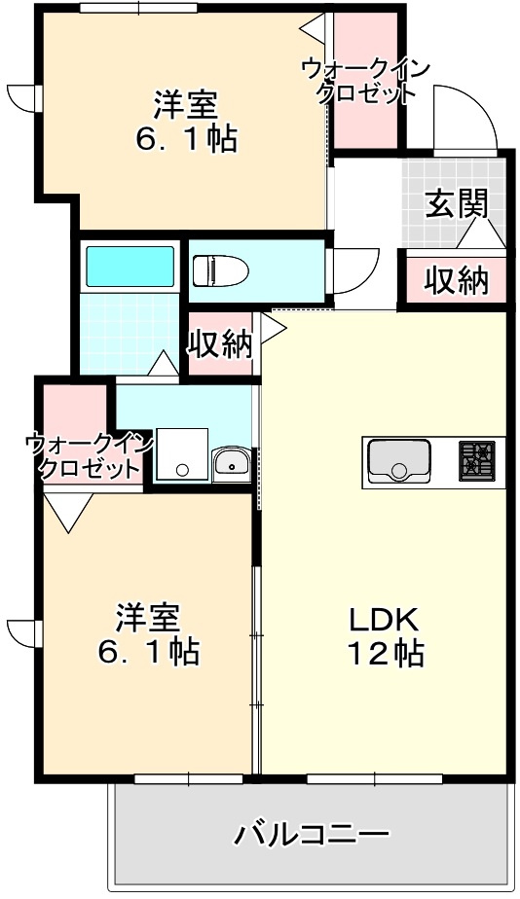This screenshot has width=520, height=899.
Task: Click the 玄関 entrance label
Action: (x=456, y=204)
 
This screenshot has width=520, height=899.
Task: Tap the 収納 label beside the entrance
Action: (x=456, y=280)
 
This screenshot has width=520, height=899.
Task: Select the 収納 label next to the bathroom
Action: (x=220, y=343)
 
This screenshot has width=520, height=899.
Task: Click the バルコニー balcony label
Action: (x=312, y=835)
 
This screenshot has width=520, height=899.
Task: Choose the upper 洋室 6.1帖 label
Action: (x=184, y=121)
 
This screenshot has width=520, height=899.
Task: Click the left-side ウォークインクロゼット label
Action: (x=89, y=455)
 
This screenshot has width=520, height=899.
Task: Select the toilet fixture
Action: (x=219, y=270)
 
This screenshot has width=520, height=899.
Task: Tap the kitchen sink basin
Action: (x=398, y=461)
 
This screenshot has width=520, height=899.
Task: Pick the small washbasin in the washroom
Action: (x=232, y=463)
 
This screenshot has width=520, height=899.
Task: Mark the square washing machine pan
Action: (x=182, y=454)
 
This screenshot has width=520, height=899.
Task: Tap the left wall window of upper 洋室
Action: (x=23, y=98)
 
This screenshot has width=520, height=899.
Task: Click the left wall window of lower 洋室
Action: (x=23, y=631)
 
